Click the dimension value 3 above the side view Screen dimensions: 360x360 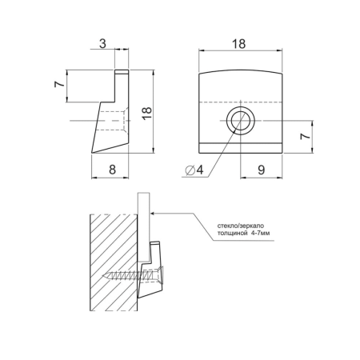(102, 43)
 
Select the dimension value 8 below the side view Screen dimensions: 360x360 (112, 169)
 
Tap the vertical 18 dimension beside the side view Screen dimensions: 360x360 (146, 113)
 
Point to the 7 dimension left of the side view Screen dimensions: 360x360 (59, 84)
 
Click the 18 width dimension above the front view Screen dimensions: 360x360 (238, 43)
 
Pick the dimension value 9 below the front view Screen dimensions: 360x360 (262, 170)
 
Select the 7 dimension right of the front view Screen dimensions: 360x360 (305, 136)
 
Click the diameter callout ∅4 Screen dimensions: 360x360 (194, 169)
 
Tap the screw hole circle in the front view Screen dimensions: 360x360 (241, 121)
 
